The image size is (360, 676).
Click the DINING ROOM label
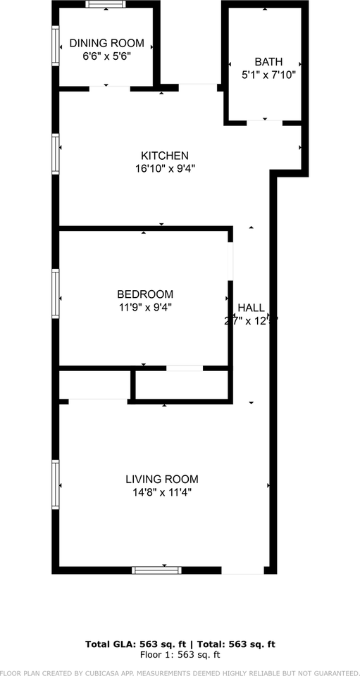tap(106, 44)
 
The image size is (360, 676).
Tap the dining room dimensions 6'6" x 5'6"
tap(106, 56)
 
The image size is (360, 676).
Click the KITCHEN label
tap(165, 156)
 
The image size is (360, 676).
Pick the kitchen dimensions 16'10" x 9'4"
tap(165, 168)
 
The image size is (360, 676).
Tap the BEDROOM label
tap(144, 294)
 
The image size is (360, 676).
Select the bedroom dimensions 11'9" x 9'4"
tap(144, 307)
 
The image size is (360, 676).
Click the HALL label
tap(251, 308)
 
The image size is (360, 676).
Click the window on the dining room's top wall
tap(106, 4)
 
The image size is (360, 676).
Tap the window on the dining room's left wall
tap(55, 46)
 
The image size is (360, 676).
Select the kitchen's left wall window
tap(55, 154)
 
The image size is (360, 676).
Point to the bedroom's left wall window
tap(55, 294)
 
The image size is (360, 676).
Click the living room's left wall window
tap(55, 484)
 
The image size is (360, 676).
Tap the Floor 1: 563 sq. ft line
tap(180, 654)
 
